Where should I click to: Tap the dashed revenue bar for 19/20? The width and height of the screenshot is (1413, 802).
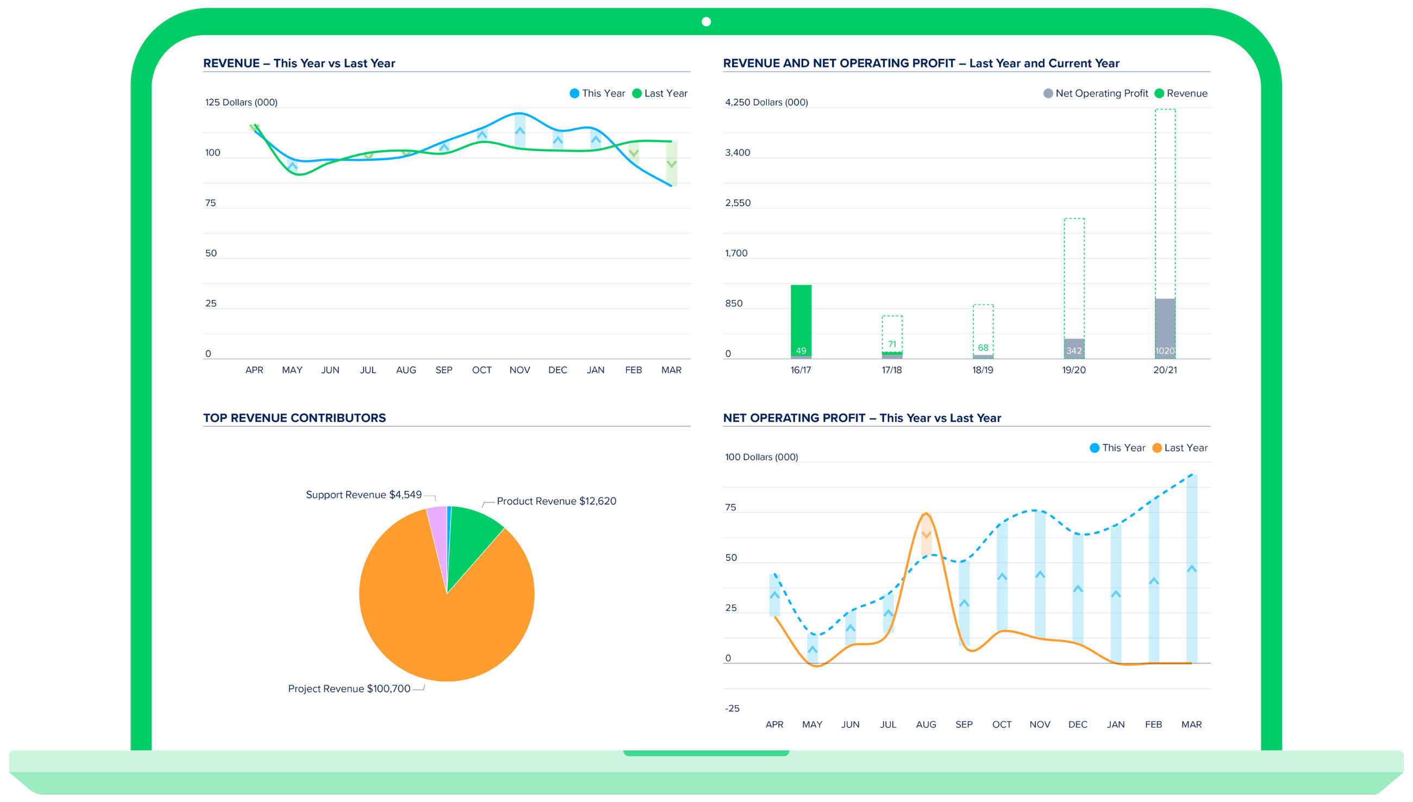click(1074, 276)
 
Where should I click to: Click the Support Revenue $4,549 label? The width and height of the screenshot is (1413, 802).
click(363, 495)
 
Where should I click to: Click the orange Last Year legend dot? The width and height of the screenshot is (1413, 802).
click(1157, 448)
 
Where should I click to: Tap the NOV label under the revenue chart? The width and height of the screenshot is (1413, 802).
click(520, 370)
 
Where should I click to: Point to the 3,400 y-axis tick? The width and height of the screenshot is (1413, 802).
click(737, 153)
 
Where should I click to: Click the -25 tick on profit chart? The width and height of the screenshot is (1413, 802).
click(732, 708)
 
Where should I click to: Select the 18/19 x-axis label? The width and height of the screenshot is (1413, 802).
click(983, 370)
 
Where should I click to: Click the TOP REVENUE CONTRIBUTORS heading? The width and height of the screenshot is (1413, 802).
click(295, 418)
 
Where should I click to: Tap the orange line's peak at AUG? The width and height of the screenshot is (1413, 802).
click(927, 514)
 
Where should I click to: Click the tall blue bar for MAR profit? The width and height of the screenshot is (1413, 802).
click(1191, 567)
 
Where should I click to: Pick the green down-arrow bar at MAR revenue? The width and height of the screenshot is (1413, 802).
click(672, 164)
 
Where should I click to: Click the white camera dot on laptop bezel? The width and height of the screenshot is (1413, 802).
click(706, 22)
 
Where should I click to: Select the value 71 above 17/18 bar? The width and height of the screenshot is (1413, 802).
click(892, 344)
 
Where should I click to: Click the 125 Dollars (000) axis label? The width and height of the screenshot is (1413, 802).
click(241, 102)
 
